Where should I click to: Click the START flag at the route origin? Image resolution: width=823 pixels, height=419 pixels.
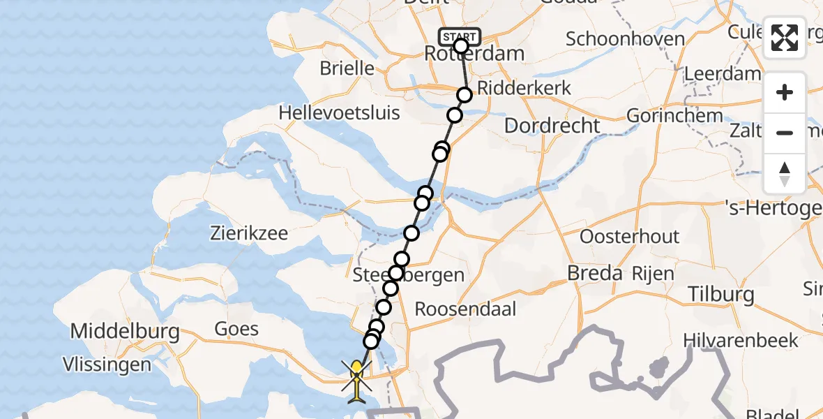tap(460, 36)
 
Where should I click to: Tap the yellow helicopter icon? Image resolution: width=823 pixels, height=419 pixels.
tap(357, 378)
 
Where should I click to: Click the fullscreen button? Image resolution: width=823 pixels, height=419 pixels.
tap(785, 38)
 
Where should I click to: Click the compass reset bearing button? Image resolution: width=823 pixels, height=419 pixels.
tap(785, 174)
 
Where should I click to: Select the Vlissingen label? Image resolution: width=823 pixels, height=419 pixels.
tap(106, 364)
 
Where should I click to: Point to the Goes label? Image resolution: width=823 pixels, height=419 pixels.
tap(236, 328)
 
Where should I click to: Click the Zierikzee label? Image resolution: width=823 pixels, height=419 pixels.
tap(249, 233)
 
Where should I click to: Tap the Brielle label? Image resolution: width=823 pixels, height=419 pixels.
tap(347, 68)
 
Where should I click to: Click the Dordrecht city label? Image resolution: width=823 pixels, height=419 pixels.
tap(552, 126)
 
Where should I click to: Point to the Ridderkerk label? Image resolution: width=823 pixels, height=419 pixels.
tap(524, 88)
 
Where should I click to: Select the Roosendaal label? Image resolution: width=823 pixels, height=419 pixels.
tap(466, 308)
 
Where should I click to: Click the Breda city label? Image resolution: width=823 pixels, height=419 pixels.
tap(594, 273)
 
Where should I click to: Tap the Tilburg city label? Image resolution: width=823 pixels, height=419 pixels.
tap(721, 294)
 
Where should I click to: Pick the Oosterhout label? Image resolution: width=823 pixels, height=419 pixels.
tap(629, 236)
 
